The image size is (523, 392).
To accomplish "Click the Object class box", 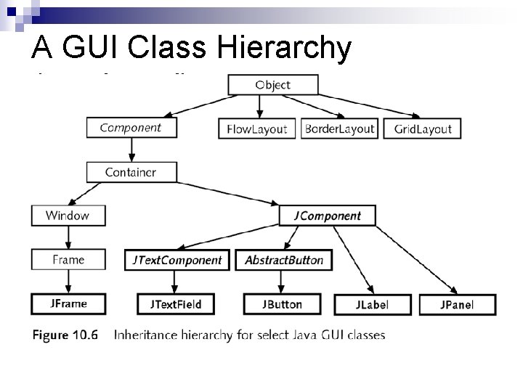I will click(x=272, y=85).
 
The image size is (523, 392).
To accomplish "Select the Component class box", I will click(x=131, y=128).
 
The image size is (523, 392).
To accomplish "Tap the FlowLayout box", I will click(x=257, y=129).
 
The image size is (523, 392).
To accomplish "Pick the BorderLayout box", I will click(x=339, y=128).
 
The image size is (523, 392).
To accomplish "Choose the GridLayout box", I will click(x=422, y=128).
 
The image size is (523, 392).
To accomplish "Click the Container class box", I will click(x=131, y=172).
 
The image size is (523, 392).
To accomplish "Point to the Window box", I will click(x=68, y=216).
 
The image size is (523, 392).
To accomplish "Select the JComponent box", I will click(x=327, y=216).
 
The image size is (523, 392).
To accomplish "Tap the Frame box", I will click(x=68, y=260).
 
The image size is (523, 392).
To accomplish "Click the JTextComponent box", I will click(x=177, y=260).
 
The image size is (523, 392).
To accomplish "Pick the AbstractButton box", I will click(x=283, y=260).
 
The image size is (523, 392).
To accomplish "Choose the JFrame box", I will click(x=68, y=303).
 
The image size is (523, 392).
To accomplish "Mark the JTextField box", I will click(x=176, y=304).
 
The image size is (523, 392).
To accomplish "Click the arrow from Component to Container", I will click(x=131, y=150).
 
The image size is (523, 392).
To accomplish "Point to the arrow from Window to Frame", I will click(x=68, y=237).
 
